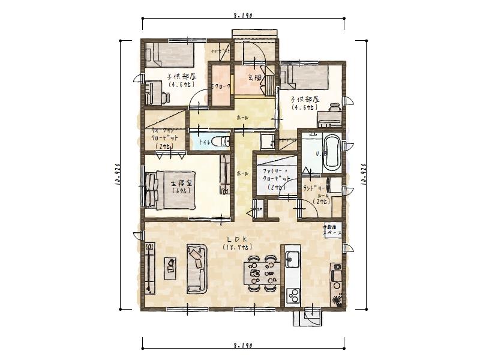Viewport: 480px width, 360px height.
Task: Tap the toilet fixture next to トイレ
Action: [224, 142]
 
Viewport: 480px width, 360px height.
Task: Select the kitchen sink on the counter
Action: [292, 259]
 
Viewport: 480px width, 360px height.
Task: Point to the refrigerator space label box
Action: [332, 230]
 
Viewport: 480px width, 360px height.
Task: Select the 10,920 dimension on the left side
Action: [118, 174]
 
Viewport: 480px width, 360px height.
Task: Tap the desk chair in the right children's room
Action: [334, 107]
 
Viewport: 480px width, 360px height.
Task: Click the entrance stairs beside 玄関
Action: [270, 82]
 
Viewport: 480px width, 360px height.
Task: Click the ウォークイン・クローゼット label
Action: [162, 137]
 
